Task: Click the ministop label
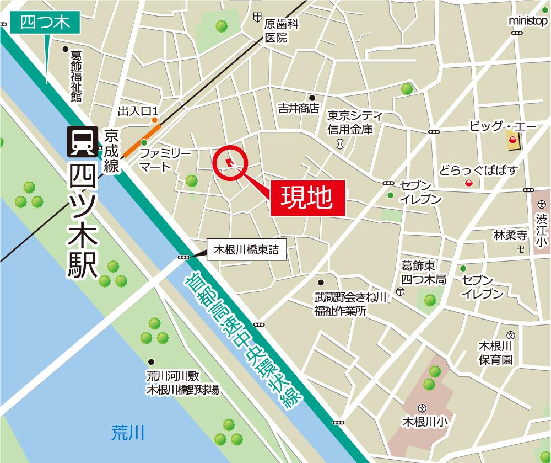point(527,21)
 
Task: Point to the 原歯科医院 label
point(281,31)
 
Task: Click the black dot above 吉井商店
point(311,98)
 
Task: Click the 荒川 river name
point(127,431)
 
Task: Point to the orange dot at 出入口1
point(155,120)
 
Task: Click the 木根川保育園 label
point(496,353)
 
